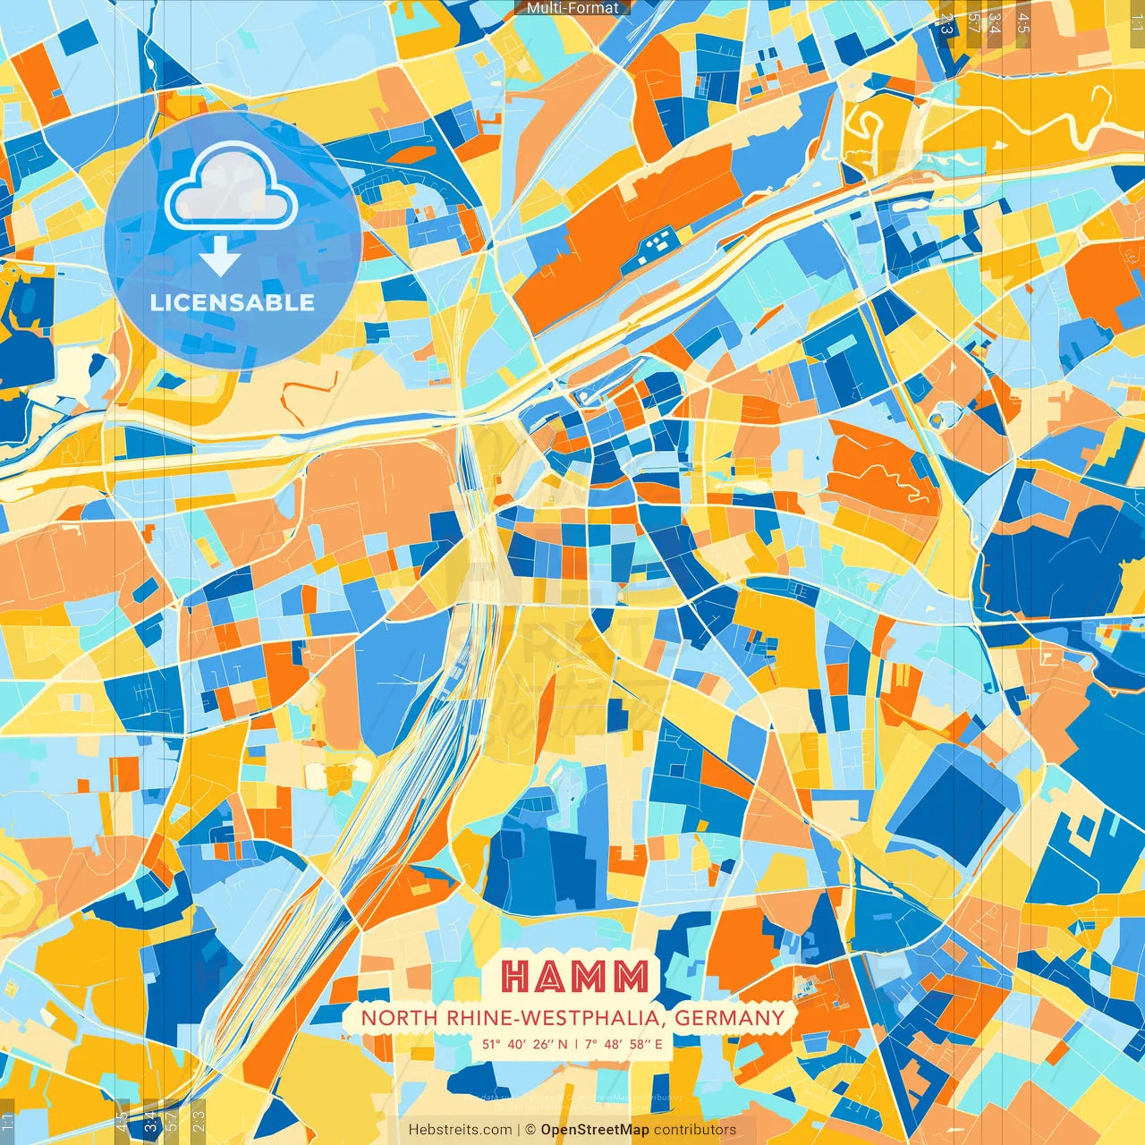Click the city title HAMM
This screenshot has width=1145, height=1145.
click(x=574, y=976)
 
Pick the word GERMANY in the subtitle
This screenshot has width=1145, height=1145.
click(x=729, y=1018)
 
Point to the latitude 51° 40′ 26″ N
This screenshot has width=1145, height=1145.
click(x=524, y=1044)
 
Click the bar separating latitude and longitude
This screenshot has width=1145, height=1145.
click(x=575, y=1044)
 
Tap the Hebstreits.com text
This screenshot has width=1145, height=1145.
click(x=461, y=1130)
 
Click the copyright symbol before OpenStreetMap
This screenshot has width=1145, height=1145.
click(x=530, y=1130)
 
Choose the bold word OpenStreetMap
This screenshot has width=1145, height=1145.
click(x=595, y=1130)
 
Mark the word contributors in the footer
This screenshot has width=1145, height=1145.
click(x=695, y=1130)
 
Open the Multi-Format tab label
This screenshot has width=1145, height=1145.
click(x=572, y=8)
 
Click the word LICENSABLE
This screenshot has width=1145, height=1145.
click(x=233, y=302)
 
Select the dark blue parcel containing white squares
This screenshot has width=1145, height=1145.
click(x=657, y=243)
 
